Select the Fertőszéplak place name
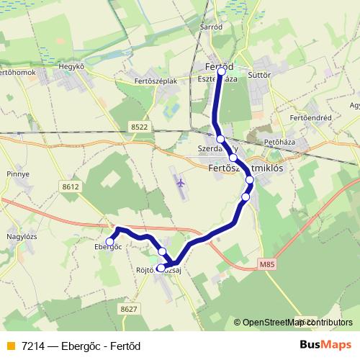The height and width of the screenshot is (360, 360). coord(156,81)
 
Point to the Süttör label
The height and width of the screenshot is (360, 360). coord(258,73)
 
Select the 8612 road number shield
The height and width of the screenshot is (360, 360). coord(71,186)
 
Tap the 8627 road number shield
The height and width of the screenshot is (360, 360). coord(129,309)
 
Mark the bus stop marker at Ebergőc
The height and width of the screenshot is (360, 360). coord(110,241)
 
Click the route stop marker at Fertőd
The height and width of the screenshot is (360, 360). coord(222,71)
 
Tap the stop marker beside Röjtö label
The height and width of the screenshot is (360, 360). coord(161,268)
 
